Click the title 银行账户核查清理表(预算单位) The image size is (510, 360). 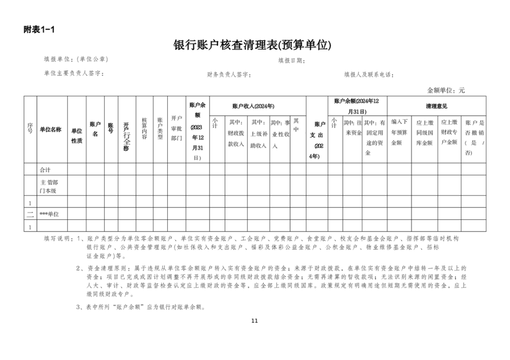(252, 45)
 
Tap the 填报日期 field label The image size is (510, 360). (291, 61)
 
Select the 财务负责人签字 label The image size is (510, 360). (229, 74)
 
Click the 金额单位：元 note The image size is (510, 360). (446, 90)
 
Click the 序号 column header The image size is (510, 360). (30, 129)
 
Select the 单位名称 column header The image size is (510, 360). (50, 130)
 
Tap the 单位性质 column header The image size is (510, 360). (76, 135)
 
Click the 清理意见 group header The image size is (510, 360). (437, 106)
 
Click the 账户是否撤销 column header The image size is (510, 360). (475, 137)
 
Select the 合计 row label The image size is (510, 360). (46, 169)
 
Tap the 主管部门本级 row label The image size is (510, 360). (49, 186)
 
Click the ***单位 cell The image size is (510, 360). (50, 214)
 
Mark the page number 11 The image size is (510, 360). (255, 321)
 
